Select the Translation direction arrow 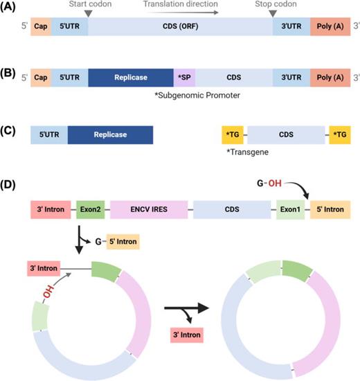(180, 12)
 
